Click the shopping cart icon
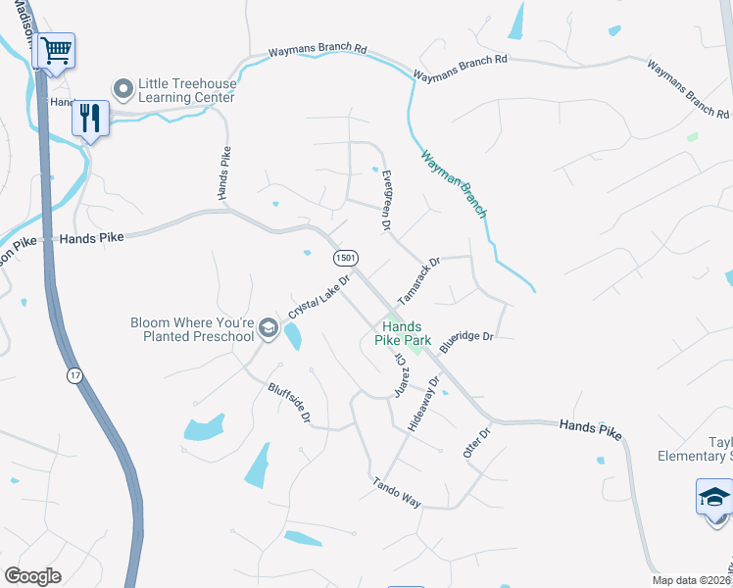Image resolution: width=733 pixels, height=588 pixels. point(57,50)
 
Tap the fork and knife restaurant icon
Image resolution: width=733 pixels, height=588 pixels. point(90,119)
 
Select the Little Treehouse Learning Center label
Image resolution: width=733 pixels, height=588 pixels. point(186,90)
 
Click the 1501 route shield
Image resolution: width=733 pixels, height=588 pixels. point(344,258)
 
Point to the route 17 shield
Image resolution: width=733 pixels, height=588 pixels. point(74,375)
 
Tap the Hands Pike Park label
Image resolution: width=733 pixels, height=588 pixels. point(402,333)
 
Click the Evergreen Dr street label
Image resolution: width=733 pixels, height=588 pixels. point(385,200)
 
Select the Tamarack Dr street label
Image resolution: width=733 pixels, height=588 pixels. point(419,280)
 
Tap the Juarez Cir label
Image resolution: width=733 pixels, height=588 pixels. point(401,374)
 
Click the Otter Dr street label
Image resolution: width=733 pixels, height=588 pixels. point(476,443)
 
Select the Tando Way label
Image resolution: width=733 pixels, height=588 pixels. point(396,492)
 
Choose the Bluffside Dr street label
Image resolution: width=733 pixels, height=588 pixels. point(289,403)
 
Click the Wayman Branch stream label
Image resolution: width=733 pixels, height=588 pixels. point(454,183)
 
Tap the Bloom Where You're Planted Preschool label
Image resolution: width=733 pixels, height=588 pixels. point(193,329)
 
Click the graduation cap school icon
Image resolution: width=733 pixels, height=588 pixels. point(714,497)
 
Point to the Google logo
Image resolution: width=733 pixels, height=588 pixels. point(32,576)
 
